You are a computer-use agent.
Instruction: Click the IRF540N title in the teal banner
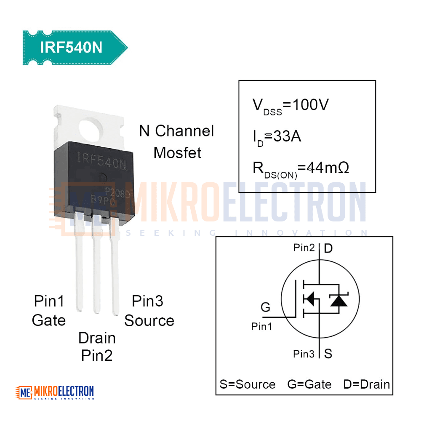71,47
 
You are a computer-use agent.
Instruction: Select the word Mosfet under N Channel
178,153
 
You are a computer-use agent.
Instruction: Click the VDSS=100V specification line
290,106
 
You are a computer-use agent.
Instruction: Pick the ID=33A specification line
277,138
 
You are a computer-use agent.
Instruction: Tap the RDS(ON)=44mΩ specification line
301,169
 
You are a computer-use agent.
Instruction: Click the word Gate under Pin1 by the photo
48,320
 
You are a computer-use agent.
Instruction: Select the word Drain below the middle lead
97,338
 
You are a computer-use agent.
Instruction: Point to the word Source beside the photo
149,320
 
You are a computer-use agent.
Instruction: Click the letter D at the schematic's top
328,248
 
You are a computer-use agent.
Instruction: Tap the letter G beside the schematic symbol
266,307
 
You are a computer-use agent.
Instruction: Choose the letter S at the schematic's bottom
328,354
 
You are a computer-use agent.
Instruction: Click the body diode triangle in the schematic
339,301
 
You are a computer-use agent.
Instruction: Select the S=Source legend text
248,384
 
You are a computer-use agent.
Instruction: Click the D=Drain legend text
367,384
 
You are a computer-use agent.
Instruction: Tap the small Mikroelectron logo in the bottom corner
55,392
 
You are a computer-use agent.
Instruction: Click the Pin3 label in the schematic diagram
304,354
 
